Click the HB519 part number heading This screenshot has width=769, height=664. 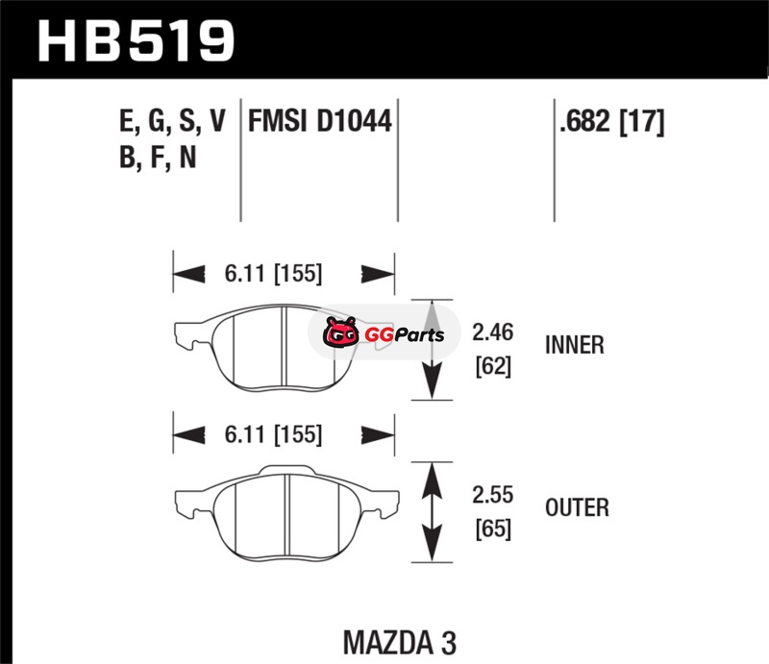coord(136,41)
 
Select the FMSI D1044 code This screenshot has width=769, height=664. coord(320,121)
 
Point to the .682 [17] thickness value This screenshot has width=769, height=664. coord(611,122)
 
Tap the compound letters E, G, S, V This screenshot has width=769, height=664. coord(172,121)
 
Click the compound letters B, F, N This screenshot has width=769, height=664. coord(158,158)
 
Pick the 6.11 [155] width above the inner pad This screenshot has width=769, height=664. coord(273,273)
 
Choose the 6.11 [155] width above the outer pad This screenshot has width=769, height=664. coord(273,434)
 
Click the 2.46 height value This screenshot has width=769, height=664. coord(492,332)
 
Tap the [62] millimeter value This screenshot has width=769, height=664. coord(493,366)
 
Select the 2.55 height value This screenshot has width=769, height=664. coord(492,495)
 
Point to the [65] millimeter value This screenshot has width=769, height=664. coord(493,529)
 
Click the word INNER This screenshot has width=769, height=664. coord(574,345)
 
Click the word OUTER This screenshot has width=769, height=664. coord(577,507)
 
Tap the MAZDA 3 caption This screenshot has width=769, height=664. coord(399,643)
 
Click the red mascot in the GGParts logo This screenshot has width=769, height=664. coord(340,332)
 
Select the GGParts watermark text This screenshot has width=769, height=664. coord(404,335)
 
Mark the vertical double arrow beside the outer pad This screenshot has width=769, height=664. coord(432,512)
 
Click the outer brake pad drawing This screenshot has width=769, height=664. coord(286,512)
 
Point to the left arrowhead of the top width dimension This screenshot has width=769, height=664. coord(188,274)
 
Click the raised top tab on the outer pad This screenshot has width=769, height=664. coord(286,470)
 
